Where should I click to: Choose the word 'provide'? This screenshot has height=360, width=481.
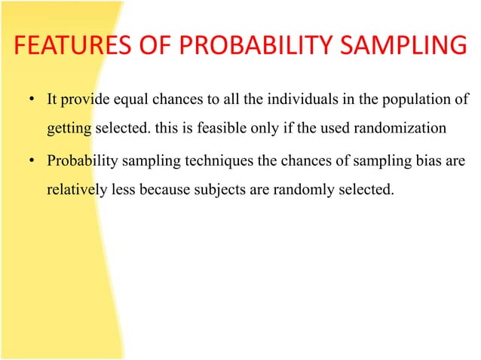pos(84,100)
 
